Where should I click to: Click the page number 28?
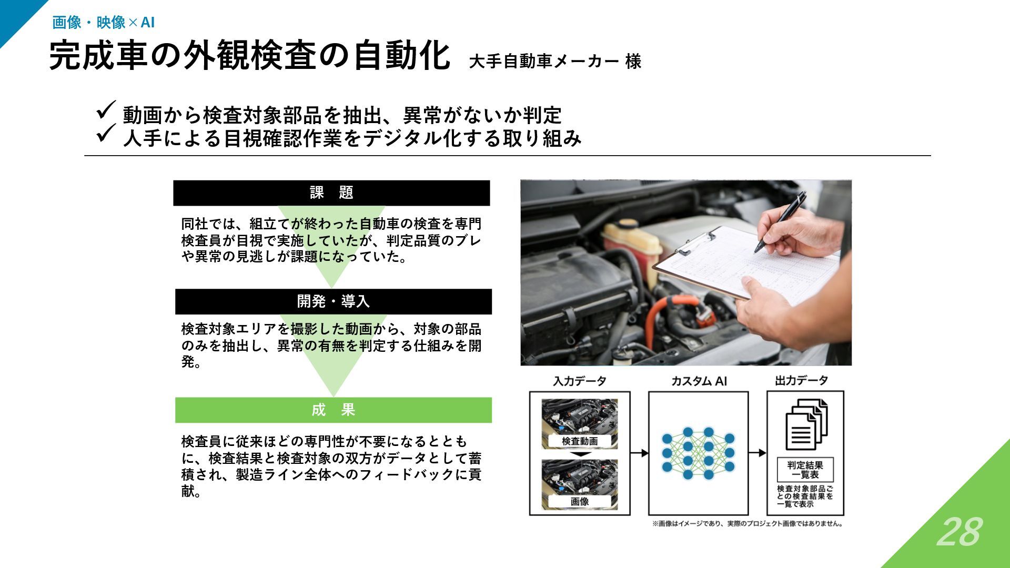tap(959, 532)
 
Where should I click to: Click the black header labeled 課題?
tap(331, 193)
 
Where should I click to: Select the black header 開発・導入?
tap(333, 301)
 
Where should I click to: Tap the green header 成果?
tap(333, 410)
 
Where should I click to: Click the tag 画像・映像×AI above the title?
tap(103, 23)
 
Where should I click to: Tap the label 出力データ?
tap(801, 381)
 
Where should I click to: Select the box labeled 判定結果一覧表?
tap(805, 470)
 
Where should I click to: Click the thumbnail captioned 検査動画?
tap(580, 424)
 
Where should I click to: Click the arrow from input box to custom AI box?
tap(639, 453)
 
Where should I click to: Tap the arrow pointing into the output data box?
tap(757, 453)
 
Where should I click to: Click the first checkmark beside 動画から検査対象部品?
tap(106, 110)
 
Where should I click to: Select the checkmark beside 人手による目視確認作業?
tap(106, 133)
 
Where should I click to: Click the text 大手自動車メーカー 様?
tap(554, 62)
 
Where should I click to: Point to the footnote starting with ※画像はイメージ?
tap(748, 524)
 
